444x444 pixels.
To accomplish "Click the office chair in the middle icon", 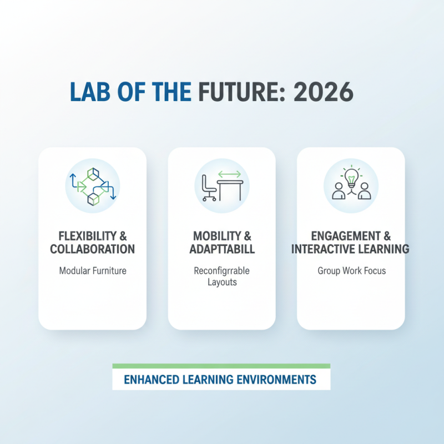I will (x=209, y=188).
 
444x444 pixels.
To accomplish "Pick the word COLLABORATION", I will (x=92, y=249).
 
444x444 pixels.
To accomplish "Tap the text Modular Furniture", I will (x=92, y=271).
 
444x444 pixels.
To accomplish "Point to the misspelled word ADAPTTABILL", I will (x=222, y=249).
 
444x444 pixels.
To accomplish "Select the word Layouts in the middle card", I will (x=222, y=282).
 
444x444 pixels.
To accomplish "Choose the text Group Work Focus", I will (x=351, y=271).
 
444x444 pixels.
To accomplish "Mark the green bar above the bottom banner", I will (x=221, y=366).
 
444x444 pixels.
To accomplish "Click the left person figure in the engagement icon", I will (x=338, y=191).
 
